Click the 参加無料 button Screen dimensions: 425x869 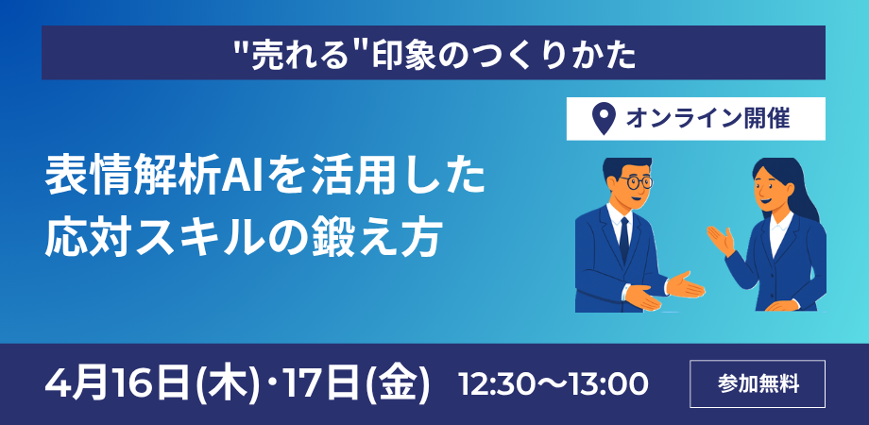pos(758,384)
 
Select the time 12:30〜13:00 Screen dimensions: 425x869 pos(553,384)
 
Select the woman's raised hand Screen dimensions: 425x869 pos(720,241)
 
